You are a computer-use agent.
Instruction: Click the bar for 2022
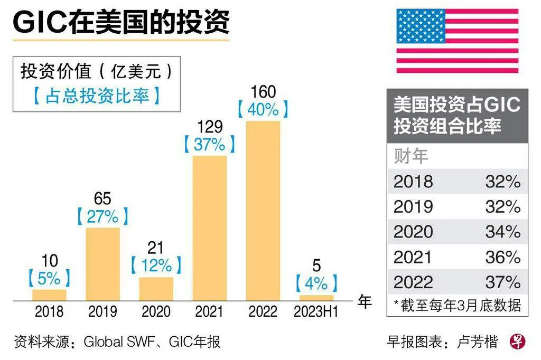(x=263, y=211)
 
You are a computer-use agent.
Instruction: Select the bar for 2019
(x=102, y=264)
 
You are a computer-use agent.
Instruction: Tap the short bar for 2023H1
(x=316, y=298)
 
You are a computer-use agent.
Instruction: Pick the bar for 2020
(x=156, y=289)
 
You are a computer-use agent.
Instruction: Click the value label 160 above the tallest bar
(x=263, y=92)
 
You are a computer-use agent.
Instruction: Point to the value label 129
(x=209, y=127)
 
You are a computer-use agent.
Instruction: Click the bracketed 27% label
(x=102, y=216)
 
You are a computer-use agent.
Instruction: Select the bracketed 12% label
(x=156, y=265)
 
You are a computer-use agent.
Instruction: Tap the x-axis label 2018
(x=49, y=312)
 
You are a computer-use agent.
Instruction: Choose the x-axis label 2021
(x=209, y=312)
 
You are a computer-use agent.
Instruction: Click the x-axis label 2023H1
(x=316, y=312)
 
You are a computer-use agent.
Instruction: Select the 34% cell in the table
(x=503, y=232)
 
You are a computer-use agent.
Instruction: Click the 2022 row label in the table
(x=413, y=282)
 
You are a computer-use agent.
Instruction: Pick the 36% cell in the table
(x=503, y=257)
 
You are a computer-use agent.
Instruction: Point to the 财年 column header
(x=411, y=156)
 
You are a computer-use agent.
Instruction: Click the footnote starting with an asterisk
(x=458, y=305)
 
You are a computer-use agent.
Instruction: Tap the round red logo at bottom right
(x=518, y=341)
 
